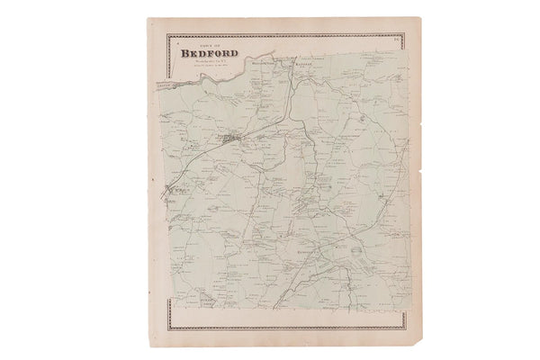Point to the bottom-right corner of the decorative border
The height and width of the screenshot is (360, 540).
coord(403,328)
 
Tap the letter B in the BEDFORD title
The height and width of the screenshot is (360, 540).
coord(185,52)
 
